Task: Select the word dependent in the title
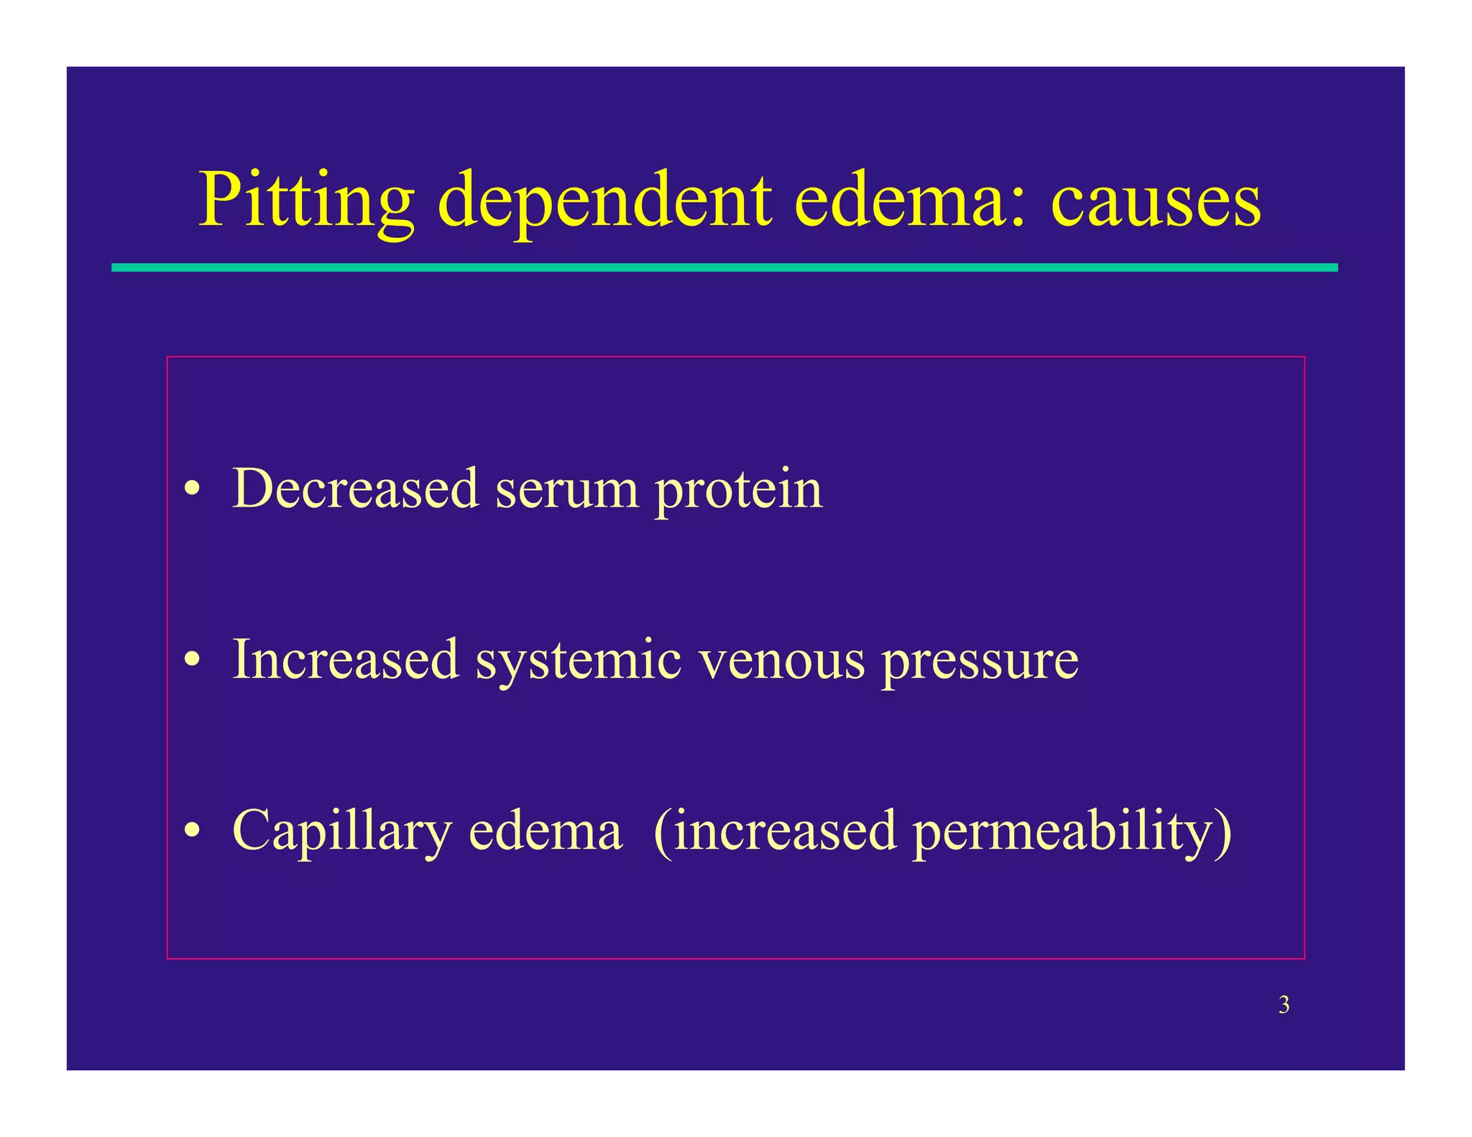coord(604,201)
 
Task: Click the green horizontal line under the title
coord(724,267)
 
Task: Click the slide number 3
coord(1284,1005)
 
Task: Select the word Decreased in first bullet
coord(356,489)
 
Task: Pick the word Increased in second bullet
coord(346,659)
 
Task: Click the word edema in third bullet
coord(545,830)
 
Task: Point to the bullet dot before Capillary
coord(191,832)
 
